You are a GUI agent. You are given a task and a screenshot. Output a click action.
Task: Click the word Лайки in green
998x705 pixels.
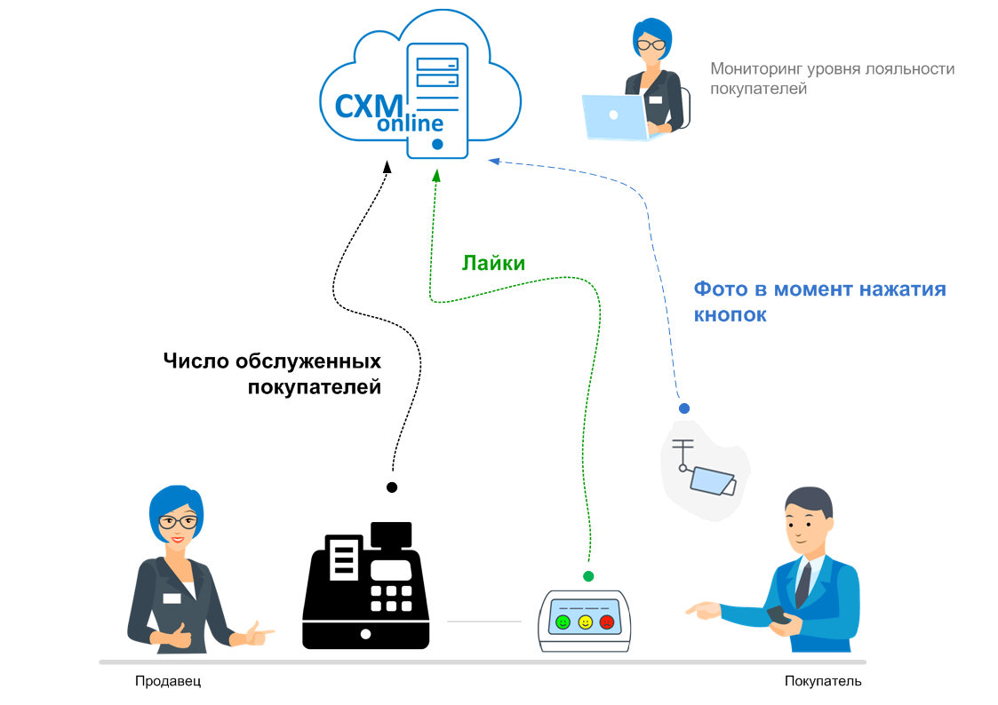(493, 264)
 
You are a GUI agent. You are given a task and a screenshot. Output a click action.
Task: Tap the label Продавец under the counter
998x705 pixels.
(168, 682)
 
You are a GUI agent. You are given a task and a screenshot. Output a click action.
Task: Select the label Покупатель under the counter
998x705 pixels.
(823, 682)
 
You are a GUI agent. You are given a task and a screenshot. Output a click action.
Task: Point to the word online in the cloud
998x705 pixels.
(410, 123)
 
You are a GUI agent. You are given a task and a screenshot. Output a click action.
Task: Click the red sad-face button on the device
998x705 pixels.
(607, 622)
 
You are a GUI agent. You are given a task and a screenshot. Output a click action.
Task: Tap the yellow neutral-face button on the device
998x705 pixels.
(585, 622)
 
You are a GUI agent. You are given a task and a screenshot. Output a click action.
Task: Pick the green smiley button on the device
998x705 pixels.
(563, 622)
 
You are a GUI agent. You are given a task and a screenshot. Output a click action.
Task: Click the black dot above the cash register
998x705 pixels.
(392, 487)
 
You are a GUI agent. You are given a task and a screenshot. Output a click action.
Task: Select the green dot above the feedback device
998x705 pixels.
(587, 576)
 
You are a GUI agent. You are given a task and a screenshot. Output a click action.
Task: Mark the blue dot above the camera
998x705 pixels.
(684, 408)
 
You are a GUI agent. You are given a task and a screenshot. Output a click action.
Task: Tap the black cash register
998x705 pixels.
(365, 586)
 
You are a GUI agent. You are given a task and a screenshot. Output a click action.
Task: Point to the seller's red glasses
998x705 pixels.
(179, 520)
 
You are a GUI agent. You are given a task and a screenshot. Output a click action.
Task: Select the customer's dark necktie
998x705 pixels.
(802, 582)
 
